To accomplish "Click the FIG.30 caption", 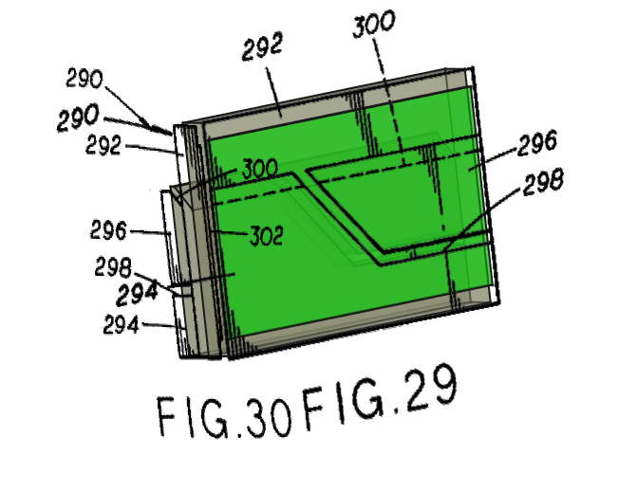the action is coord(224,417).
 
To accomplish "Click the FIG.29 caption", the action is coord(381,397).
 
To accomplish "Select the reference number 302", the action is coord(267,236).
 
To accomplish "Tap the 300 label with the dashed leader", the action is coord(373,24).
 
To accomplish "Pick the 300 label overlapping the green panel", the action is coord(260,169).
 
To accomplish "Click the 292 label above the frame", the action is coord(263,46).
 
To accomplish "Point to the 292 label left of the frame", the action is coord(103,144).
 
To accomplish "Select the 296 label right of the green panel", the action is coord(537,142).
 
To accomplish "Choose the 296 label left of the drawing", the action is coord(108,230).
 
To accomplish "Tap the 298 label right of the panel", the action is coord(543,182).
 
